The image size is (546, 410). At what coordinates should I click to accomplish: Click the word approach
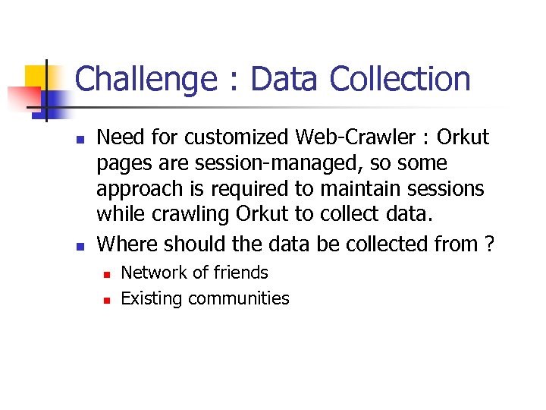pos(143,189)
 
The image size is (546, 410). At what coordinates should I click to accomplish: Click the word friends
pos(240,273)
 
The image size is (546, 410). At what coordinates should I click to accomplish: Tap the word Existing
pos(152,298)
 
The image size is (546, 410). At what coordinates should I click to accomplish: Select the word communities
pos(239,298)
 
